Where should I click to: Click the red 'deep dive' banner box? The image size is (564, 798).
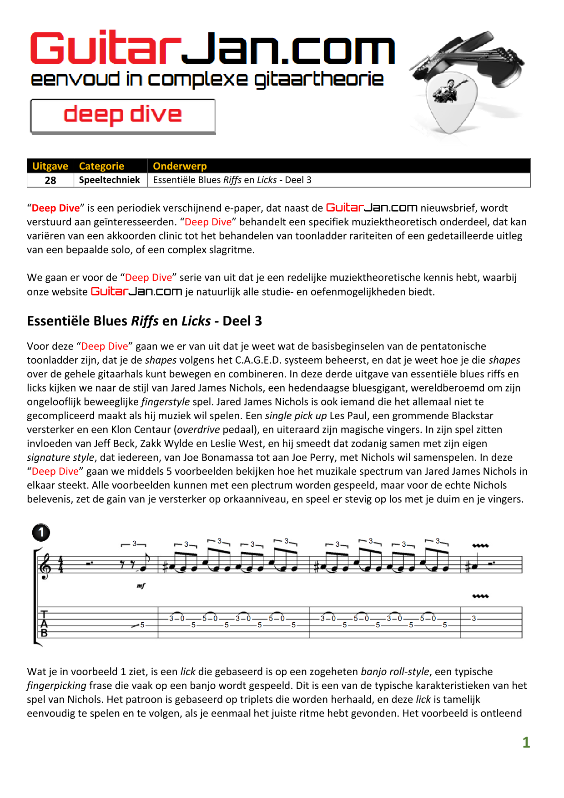[x=123, y=116]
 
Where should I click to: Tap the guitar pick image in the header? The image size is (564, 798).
[x=450, y=102]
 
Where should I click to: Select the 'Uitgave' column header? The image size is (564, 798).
[x=50, y=166]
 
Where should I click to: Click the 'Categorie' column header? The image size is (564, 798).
[x=101, y=166]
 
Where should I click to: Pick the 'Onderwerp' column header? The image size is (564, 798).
[x=180, y=166]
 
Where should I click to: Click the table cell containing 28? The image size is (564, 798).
[x=50, y=180]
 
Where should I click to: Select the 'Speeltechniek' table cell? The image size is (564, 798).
[x=110, y=180]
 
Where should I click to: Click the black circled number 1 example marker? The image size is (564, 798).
[x=41, y=532]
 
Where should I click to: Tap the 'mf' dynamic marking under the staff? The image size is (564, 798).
[x=141, y=586]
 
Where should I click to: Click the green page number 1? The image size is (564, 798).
[x=526, y=742]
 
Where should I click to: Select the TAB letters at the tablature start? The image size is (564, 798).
[x=44, y=624]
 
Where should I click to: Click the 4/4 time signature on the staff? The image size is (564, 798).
[x=60, y=565]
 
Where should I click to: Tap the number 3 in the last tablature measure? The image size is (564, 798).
[x=474, y=619]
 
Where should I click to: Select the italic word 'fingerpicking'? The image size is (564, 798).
[x=56, y=686]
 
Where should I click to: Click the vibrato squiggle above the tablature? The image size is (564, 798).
[x=480, y=596]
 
